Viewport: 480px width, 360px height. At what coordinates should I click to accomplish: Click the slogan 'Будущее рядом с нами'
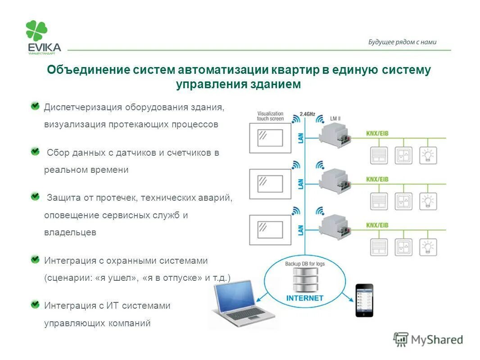[402, 42]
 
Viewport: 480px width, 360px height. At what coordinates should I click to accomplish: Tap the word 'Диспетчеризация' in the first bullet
[83, 107]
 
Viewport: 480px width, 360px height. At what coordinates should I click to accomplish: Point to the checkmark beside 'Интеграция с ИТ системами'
[35, 305]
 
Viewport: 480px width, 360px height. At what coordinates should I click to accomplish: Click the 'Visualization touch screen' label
[270, 116]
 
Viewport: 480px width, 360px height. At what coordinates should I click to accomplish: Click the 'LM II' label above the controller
[335, 118]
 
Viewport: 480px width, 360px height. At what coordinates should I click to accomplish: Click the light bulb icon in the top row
[427, 155]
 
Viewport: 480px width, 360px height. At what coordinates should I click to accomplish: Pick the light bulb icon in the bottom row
[427, 246]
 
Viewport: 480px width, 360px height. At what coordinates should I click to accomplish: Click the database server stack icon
[305, 279]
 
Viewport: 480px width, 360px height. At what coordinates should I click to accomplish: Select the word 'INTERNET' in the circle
[305, 298]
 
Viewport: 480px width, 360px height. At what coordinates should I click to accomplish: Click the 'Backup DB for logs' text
[305, 263]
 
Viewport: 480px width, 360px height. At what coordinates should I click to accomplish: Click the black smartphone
[364, 300]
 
